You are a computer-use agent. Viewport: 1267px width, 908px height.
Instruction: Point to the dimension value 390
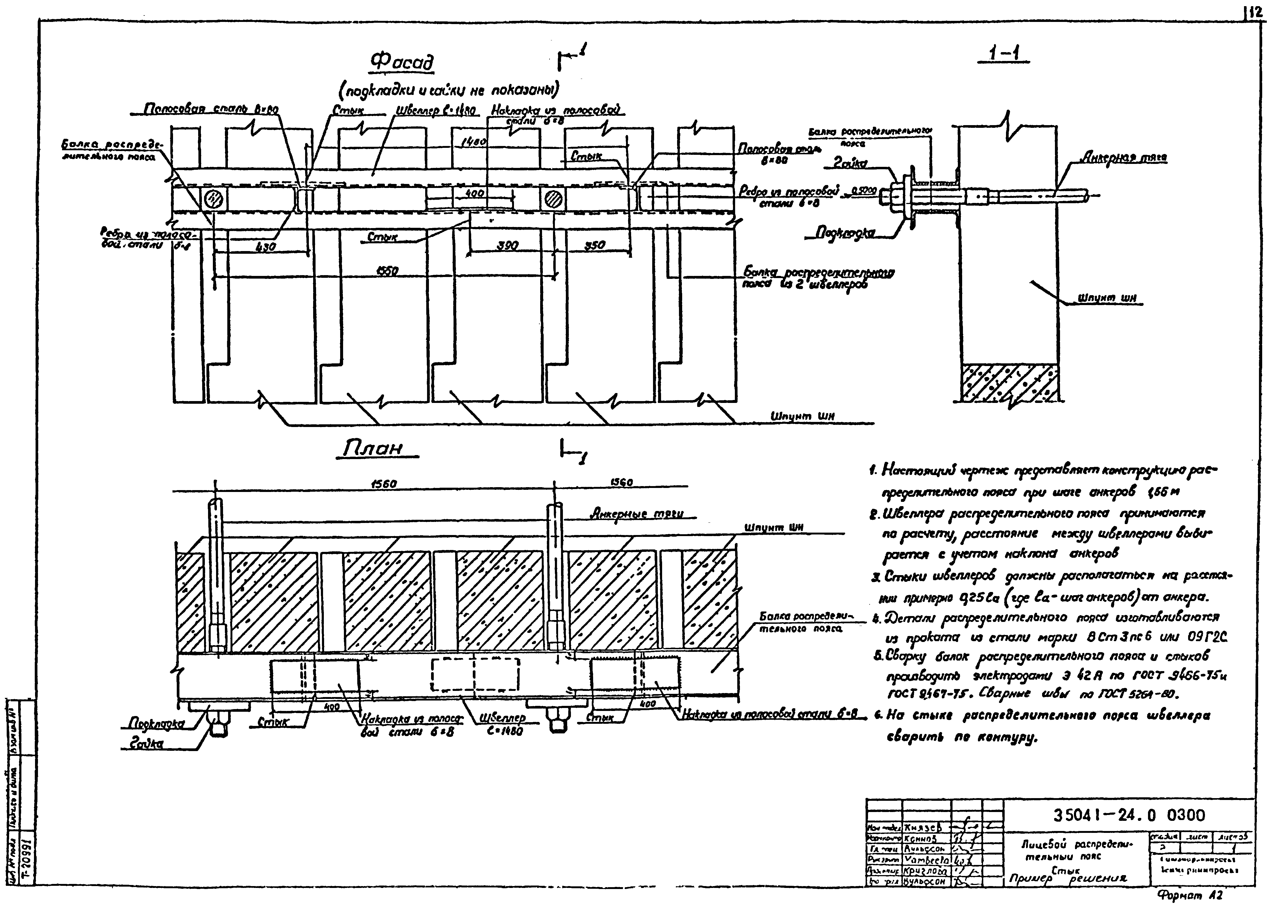[x=507, y=246]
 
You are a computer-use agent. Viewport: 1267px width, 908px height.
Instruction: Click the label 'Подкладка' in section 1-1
[x=845, y=232]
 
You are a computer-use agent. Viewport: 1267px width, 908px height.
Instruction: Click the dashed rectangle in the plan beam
[x=475, y=675]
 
